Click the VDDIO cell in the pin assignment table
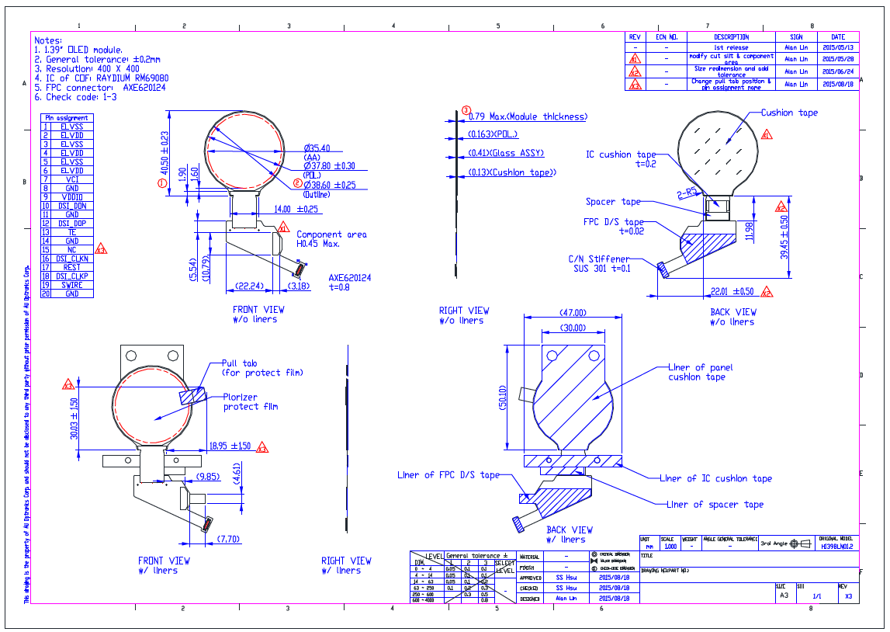pos(72,196)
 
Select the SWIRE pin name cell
pos(72,285)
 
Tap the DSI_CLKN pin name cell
pos(72,259)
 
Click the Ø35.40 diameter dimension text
pos(317,148)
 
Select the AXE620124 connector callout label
pos(349,277)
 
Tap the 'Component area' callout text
pos(331,234)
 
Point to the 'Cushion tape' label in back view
pos(789,113)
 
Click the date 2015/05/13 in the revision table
pos(837,47)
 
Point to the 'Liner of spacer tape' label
pos(715,505)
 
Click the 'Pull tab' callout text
pos(240,363)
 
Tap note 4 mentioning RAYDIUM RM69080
pos(102,78)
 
